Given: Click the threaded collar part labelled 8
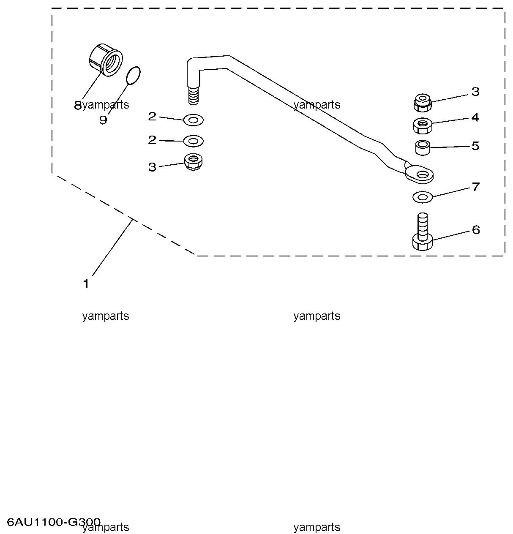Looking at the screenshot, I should coord(106,60).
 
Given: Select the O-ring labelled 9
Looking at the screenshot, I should coord(134,75).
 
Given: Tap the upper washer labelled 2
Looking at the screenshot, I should coord(194,120).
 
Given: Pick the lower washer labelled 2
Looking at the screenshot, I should coord(194,141).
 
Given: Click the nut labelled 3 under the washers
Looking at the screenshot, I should coord(193,161).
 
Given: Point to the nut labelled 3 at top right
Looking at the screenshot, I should coord(422,102).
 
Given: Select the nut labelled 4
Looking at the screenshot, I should coord(421,125).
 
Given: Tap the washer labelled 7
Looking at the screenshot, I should coord(422,196).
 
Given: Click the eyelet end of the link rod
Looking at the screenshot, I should coord(420,174).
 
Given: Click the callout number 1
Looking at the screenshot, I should coord(86,283).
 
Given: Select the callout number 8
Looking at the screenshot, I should coord(77,105).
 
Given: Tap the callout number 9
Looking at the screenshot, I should coord(103,120).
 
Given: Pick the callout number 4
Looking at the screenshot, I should coord(475,117).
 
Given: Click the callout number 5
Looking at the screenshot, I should coord(475,146).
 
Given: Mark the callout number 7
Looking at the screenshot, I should coord(476,187).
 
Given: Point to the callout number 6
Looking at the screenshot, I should coord(476,230).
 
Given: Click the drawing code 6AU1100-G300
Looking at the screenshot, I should coord(54,522).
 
